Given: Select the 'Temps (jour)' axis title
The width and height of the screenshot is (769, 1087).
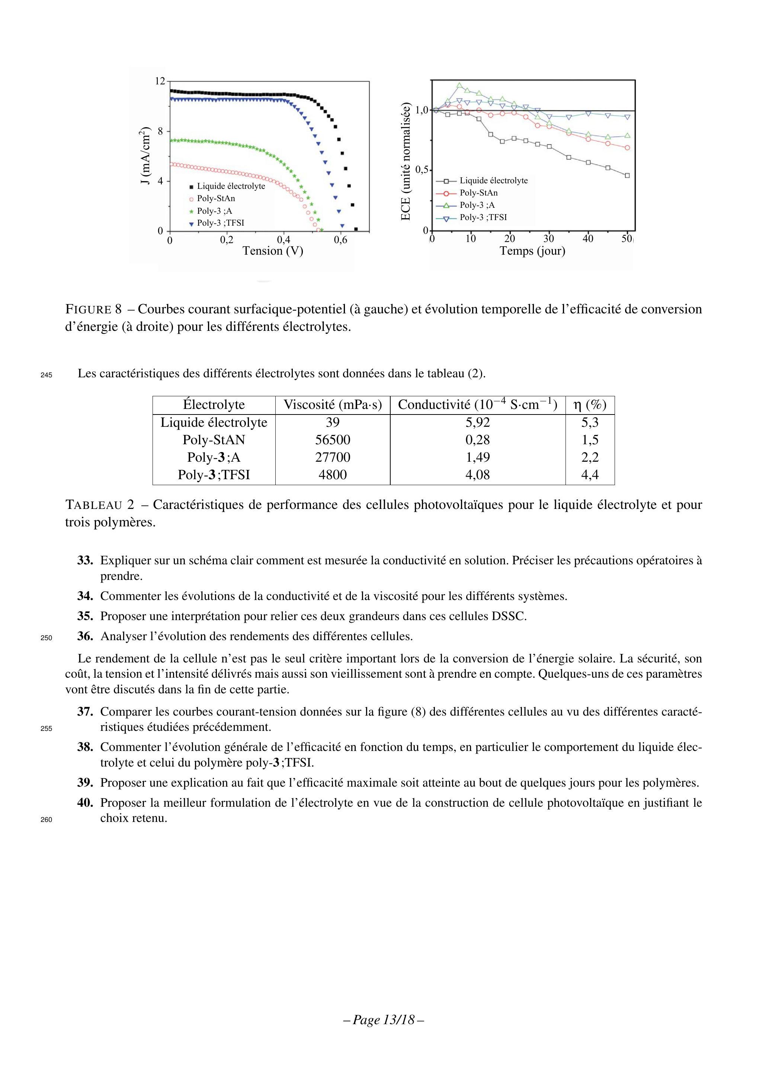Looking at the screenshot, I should (532, 251).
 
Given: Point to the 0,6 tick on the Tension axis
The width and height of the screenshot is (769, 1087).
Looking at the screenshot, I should (340, 240).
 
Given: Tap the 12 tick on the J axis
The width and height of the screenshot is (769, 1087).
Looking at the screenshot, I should (160, 81).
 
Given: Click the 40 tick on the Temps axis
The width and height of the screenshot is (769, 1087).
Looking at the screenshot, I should (587, 239).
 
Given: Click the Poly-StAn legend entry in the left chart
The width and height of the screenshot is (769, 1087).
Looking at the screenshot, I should (215, 199).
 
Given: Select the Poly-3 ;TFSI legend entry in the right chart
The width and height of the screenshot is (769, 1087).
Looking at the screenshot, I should (483, 217).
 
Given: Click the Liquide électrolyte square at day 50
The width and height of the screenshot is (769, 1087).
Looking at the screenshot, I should (627, 175).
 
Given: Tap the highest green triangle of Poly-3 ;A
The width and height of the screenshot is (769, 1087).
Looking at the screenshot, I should (459, 86).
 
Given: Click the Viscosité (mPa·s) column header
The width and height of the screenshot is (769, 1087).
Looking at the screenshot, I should (333, 405).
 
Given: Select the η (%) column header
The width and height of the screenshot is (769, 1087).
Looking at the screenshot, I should (590, 405).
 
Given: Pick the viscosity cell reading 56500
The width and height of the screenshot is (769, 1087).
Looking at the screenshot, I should (333, 440).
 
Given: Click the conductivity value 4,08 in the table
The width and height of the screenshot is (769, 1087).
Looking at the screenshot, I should (478, 475).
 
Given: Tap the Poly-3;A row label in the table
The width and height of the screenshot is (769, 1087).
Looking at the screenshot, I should (214, 457).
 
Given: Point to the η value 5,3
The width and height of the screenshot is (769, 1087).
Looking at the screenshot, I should (590, 422).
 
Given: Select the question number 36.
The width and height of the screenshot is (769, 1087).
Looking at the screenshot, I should (85, 636).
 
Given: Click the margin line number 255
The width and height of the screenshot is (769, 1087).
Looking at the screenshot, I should (46, 729).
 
